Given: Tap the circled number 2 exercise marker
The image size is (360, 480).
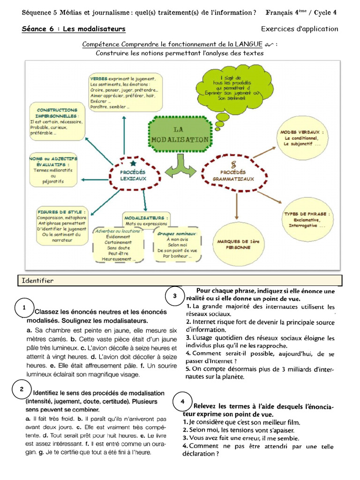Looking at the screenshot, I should [22, 389].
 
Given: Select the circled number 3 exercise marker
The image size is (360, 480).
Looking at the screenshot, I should [174, 296].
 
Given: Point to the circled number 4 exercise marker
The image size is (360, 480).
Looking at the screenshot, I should [182, 402].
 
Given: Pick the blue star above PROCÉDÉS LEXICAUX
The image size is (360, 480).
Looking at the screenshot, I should [134, 164].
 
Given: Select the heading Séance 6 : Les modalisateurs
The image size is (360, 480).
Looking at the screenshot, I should [74, 29].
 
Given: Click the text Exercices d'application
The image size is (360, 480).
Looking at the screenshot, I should [299, 29].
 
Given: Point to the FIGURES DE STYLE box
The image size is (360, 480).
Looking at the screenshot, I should [61, 226].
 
